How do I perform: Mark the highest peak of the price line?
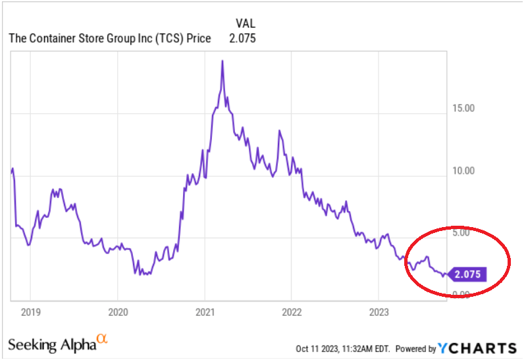tap(222, 61)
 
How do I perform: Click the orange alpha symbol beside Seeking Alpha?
tap(101, 339)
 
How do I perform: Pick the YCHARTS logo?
tap(477, 347)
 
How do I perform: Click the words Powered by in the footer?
tap(416, 348)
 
